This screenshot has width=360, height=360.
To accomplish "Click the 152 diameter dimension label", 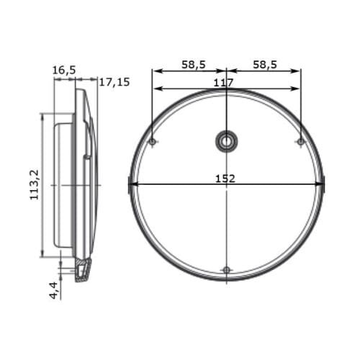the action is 225,179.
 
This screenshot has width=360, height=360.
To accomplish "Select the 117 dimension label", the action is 223,83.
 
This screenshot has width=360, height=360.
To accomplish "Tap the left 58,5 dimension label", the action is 194,65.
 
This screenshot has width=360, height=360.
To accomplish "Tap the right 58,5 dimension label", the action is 265,65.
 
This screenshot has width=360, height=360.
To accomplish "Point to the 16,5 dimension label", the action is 64,71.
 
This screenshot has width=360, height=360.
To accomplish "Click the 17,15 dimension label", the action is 114,82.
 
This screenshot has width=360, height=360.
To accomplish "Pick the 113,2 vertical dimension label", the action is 34,185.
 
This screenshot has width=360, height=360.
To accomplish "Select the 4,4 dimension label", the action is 54,290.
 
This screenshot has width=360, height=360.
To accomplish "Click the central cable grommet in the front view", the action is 226,142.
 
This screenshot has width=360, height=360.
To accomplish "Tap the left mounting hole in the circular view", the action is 153,142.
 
